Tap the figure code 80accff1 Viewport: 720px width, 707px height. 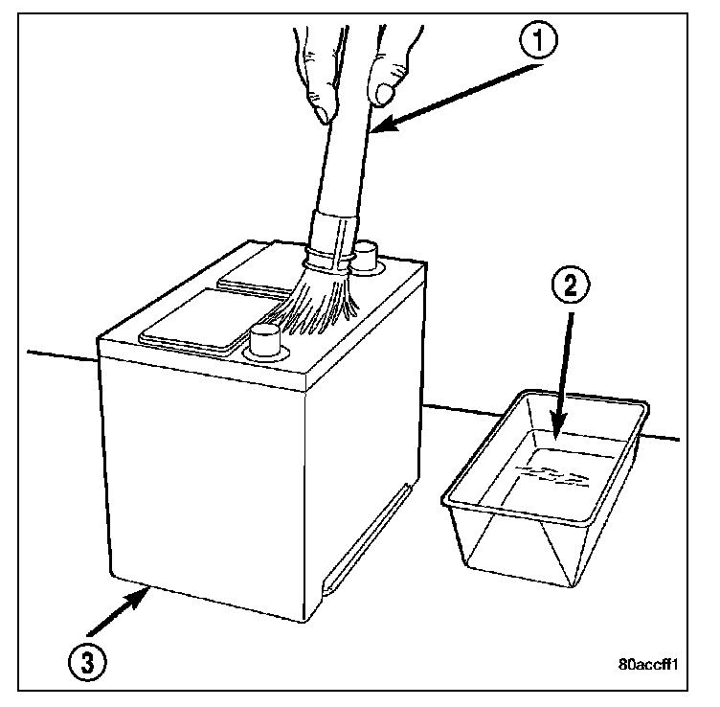pos(649,662)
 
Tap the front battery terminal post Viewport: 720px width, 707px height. pos(263,340)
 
